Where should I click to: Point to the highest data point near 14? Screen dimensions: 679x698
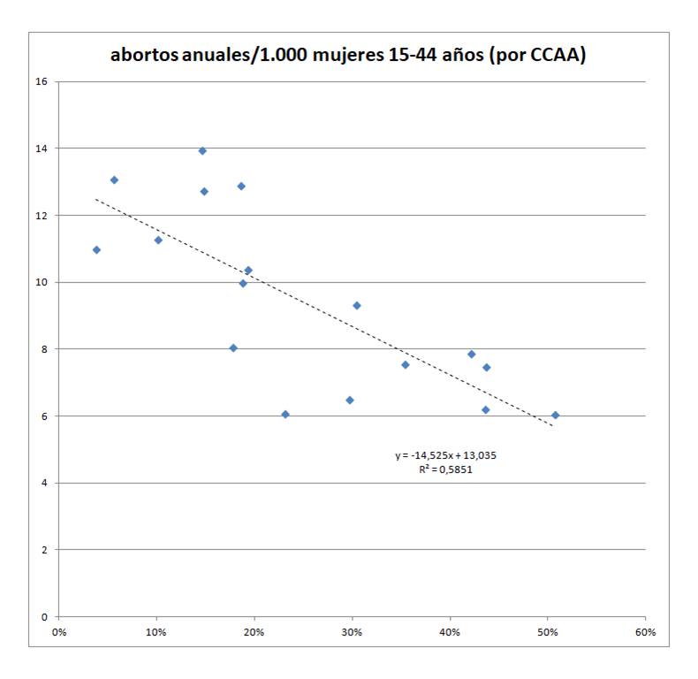coord(202,151)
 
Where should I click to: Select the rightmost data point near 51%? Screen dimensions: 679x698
coord(556,415)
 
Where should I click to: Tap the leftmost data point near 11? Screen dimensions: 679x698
coord(96,250)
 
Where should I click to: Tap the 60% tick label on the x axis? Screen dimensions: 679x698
coord(645,632)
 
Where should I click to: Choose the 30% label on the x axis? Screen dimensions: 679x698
coord(352,632)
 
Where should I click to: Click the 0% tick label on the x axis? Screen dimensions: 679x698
coord(59,632)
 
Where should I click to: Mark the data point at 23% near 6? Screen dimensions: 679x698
coord(285,414)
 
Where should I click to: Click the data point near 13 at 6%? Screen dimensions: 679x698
coord(114,180)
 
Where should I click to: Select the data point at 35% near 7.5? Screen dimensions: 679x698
coord(406,364)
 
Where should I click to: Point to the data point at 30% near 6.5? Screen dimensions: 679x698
coord(350,401)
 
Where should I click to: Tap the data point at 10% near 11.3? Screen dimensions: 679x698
coord(158,240)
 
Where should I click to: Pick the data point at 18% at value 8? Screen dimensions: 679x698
coord(233,348)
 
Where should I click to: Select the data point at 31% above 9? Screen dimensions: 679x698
coord(357,306)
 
